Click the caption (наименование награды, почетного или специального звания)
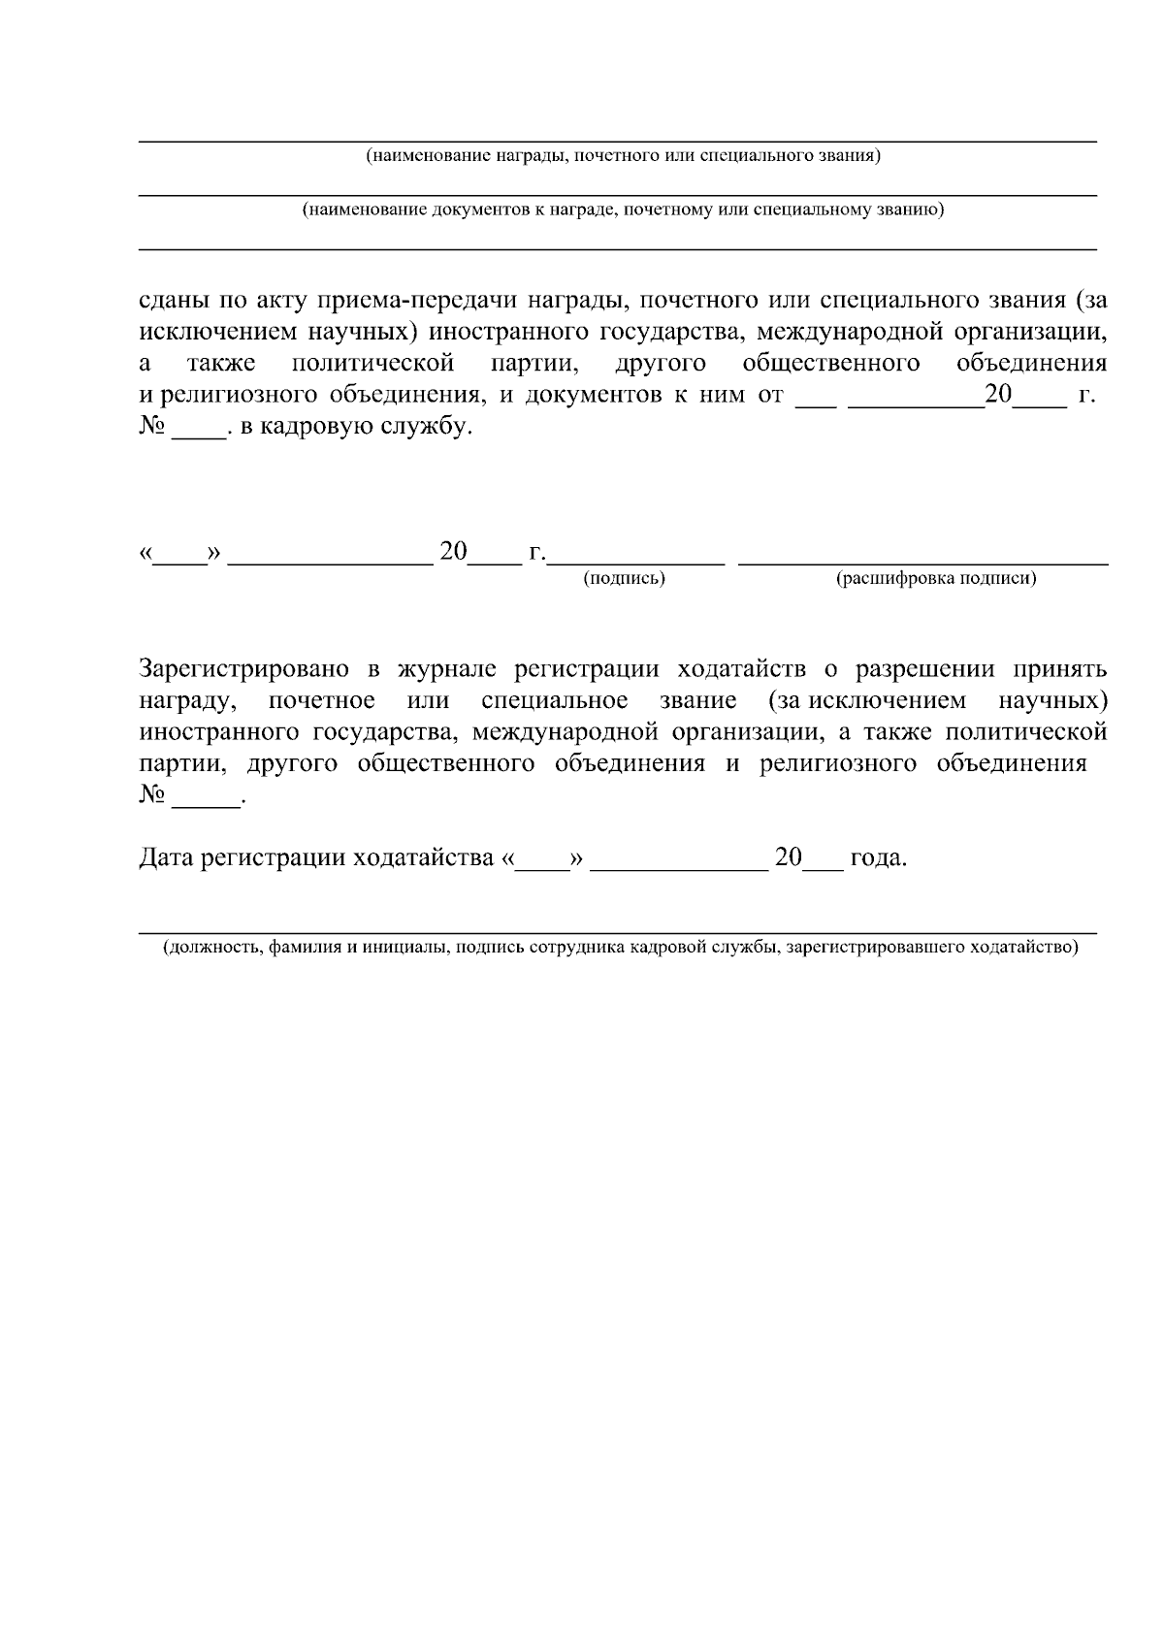coord(623,156)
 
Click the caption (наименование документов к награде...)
coord(623,210)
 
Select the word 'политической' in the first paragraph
coord(373,364)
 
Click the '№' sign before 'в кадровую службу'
coord(152,427)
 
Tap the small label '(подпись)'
coord(624,579)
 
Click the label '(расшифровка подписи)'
coord(935,579)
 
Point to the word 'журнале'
coord(443,669)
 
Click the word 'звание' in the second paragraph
coord(697,701)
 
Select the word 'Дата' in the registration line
coord(166,858)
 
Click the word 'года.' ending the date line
coord(879,858)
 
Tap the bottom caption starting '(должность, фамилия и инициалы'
coord(621,948)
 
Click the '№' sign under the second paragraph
coord(152,795)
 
